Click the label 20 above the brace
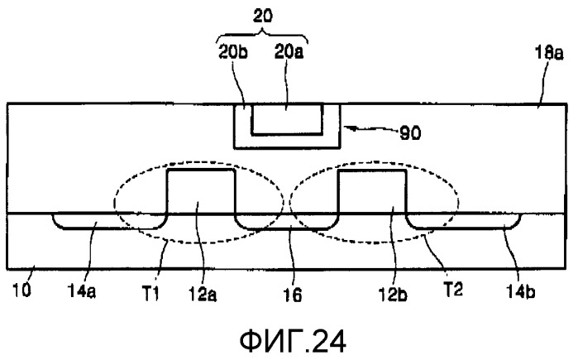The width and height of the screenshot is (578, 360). coord(263,17)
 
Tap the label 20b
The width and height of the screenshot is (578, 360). coord(233,52)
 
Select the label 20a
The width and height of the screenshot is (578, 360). coord(289,52)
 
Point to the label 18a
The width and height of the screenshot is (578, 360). coord(549,54)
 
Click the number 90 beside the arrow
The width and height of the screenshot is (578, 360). coord(410,133)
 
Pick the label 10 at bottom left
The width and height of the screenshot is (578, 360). coord(21,290)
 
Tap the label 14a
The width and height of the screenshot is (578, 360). coord(82,291)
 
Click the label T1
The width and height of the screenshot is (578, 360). coord(150,294)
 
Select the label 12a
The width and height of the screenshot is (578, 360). coord(203,294)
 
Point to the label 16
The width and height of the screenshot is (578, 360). coord(293,295)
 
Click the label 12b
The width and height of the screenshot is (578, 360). coord(393,294)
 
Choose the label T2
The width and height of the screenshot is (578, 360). coord(452,290)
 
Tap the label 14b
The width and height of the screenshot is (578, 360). coord(520,291)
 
